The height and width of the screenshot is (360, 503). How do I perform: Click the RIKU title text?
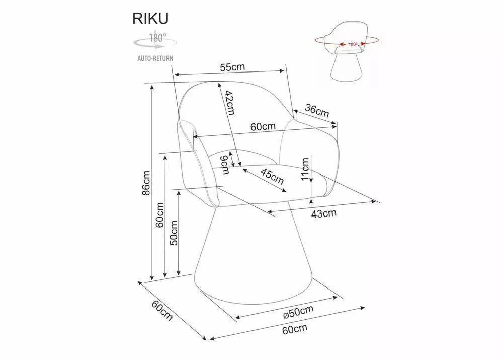point(150,19)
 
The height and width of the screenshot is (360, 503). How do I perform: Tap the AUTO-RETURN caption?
point(155,58)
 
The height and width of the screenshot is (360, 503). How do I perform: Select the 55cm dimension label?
point(232,67)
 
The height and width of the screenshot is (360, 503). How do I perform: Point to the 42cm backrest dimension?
point(230,102)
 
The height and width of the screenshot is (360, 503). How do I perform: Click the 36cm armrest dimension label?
point(317,110)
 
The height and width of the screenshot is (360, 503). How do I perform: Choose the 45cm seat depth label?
point(272,177)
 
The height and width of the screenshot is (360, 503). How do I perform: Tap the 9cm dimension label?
point(225,165)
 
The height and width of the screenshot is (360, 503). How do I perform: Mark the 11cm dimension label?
point(305,169)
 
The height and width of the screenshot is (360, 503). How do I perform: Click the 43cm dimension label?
point(323,213)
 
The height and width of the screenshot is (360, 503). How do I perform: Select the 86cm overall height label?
point(146,183)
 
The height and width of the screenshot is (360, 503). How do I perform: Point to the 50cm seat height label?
point(174,233)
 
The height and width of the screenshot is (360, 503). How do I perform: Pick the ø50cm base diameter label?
point(298,312)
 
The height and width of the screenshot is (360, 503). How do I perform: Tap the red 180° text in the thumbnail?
point(353,44)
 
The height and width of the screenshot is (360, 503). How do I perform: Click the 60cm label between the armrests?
point(263,126)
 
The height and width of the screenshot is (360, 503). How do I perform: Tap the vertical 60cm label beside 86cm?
point(160,215)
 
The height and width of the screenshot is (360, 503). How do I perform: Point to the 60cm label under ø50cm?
point(295,329)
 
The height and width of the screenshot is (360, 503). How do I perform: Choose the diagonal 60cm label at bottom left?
point(162,310)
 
